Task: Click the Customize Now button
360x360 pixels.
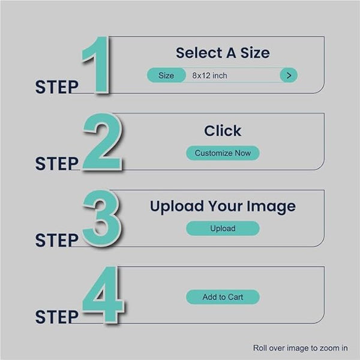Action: coord(223,153)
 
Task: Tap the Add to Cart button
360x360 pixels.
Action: coord(223,297)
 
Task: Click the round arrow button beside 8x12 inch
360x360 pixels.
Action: coord(289,75)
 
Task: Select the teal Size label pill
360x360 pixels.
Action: coord(166,76)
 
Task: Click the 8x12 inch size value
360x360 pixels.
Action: coord(209,76)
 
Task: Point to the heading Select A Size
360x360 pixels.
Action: coord(223,53)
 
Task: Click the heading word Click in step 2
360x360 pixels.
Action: coord(223,131)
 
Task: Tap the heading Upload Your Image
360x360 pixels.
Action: coord(223,206)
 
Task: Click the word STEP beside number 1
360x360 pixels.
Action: coord(57,87)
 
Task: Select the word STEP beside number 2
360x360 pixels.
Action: coord(57,164)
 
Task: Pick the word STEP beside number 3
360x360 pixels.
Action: coord(57,241)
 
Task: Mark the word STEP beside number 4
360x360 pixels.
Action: coord(57,317)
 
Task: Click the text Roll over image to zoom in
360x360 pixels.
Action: coord(301,348)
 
